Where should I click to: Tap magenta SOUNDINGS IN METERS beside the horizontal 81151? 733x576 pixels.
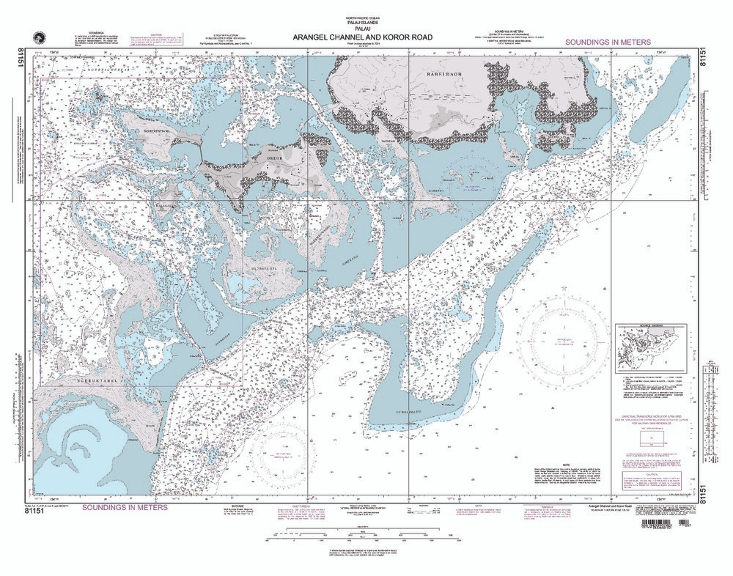coord(125,507)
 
